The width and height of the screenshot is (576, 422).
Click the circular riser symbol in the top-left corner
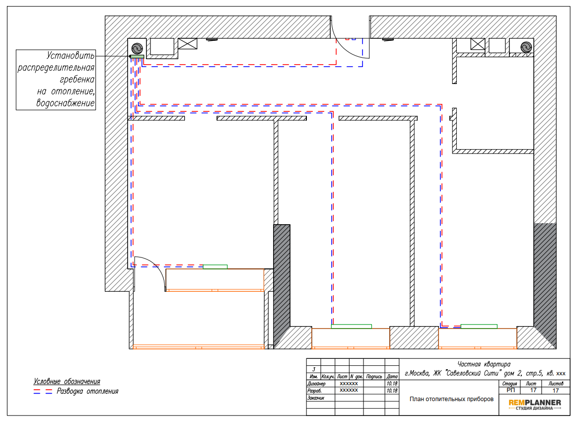[137, 48]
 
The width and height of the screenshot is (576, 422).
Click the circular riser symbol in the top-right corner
[526, 47]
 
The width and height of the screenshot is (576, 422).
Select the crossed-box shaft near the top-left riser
[188, 44]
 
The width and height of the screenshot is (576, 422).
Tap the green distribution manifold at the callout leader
[137, 57]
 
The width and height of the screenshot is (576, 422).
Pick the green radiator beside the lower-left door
[216, 267]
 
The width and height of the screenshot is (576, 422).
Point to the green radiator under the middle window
[352, 327]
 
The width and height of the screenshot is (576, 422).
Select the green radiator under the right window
[479, 327]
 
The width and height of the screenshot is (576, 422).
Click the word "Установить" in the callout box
[71, 56]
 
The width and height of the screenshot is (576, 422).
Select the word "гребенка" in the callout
[77, 80]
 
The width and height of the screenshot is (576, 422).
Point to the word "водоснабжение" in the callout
[66, 103]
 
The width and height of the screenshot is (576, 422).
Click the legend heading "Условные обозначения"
[67, 381]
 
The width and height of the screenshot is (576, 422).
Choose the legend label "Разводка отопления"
[87, 391]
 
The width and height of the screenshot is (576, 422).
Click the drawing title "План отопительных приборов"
[451, 399]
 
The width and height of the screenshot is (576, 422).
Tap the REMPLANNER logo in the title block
[534, 405]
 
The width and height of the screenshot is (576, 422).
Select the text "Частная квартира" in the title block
[484, 364]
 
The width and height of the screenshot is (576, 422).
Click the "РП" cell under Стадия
[510, 390]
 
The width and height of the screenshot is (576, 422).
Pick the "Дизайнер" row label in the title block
[316, 383]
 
